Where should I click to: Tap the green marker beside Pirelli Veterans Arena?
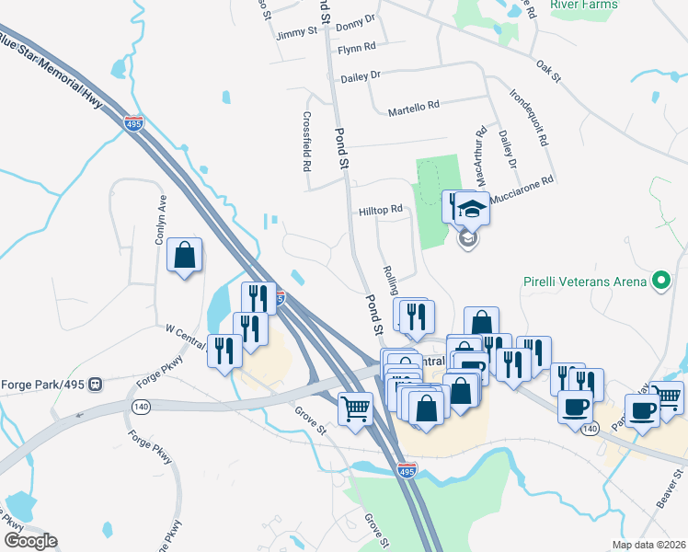tap(659, 279)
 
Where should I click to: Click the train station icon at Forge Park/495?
tap(94, 385)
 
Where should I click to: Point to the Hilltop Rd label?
tap(382, 210)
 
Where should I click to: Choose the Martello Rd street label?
tap(413, 108)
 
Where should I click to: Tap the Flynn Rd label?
tap(357, 47)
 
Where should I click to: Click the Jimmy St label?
tap(296, 32)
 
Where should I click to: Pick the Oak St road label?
tap(548, 71)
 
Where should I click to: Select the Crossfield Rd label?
tap(307, 143)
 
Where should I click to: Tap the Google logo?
tap(29, 541)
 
